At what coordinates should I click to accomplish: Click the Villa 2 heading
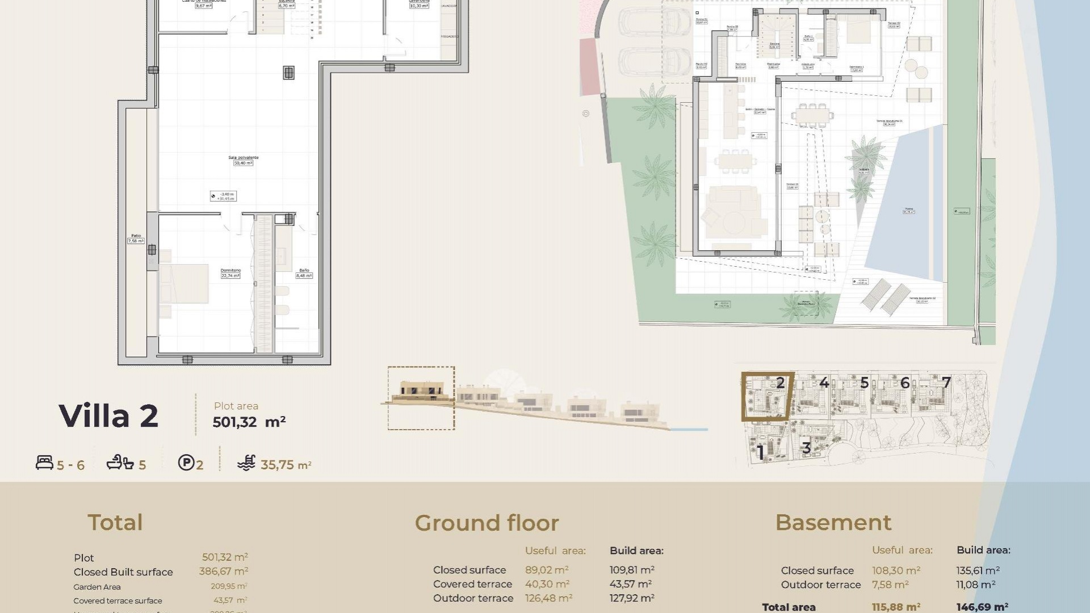[108, 416]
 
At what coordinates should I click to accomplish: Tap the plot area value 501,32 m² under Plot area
[249, 422]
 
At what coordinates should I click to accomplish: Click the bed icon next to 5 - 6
[44, 463]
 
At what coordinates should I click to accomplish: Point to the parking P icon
[186, 463]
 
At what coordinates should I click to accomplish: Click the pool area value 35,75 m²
[286, 465]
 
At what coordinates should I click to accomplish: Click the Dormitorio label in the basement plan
[230, 271]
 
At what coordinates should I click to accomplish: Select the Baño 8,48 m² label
[304, 274]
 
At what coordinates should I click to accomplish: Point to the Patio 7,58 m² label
[136, 238]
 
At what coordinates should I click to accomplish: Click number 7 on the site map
[946, 383]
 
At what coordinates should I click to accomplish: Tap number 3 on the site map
[806, 448]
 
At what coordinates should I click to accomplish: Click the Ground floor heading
[487, 523]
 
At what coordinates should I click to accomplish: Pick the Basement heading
[833, 522]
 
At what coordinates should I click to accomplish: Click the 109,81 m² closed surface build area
[632, 570]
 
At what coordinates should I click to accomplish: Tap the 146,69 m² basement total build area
[982, 607]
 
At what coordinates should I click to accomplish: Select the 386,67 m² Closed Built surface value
[223, 572]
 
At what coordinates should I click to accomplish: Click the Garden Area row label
[97, 587]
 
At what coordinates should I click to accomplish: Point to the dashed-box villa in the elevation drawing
[421, 397]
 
